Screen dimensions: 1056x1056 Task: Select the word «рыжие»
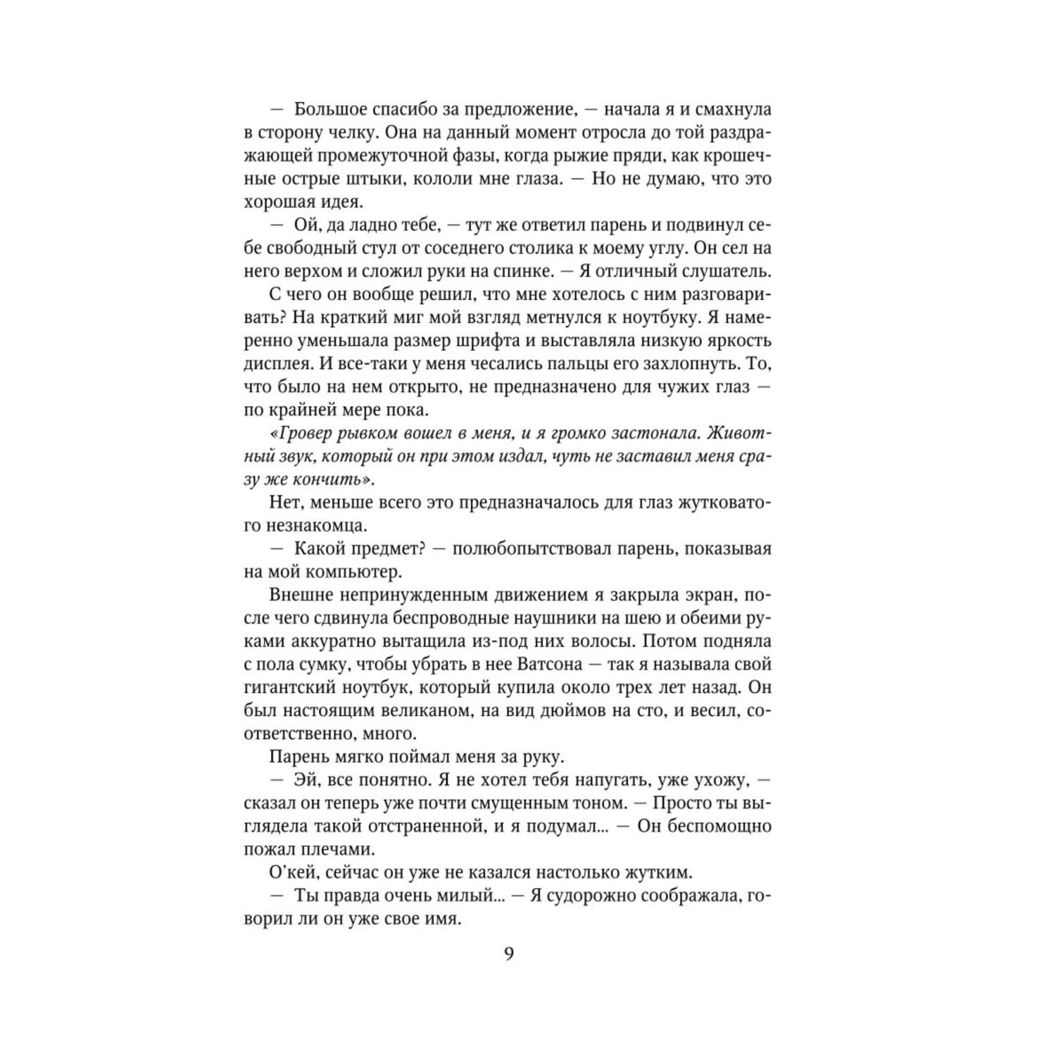click(584, 156)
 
